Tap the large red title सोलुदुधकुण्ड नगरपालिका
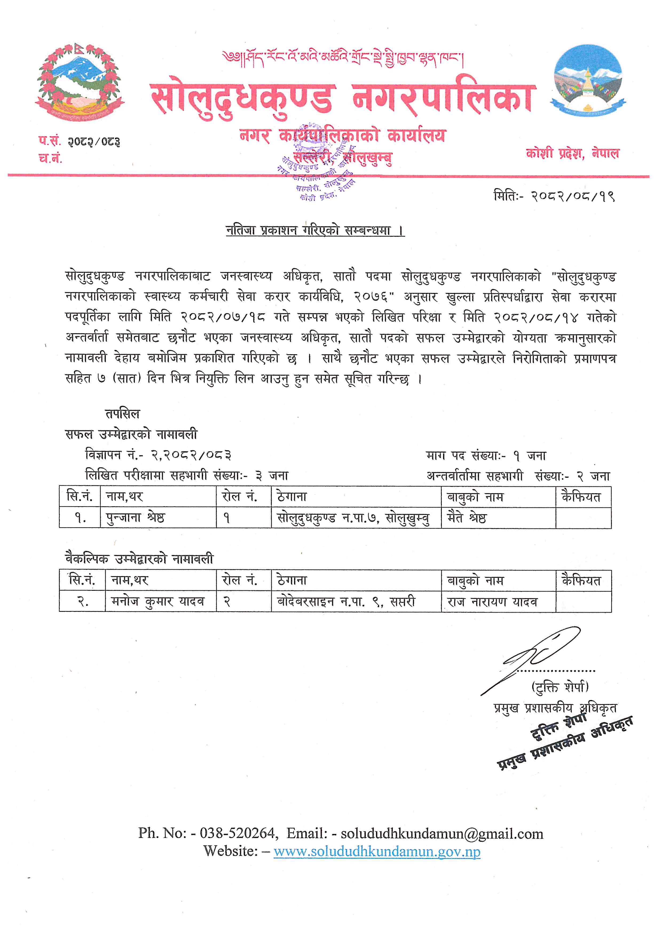coord(342,99)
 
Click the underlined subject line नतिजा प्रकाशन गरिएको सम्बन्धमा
coord(315,231)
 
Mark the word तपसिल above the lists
coord(122,414)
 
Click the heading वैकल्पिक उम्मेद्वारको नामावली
coord(139,559)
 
